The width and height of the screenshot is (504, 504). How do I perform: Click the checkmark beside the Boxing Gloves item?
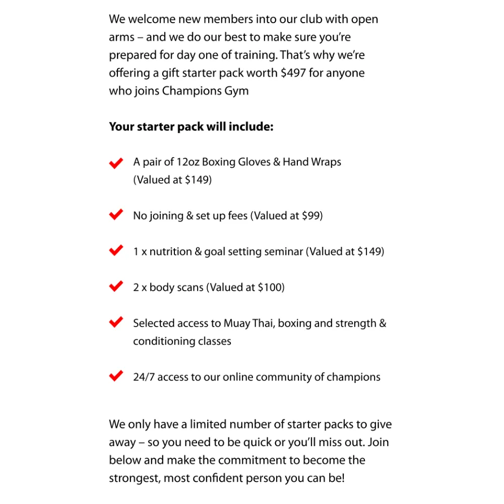tap(116, 163)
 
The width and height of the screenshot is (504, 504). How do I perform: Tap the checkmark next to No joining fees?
tap(116, 215)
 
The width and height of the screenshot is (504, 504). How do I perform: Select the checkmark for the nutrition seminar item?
tap(116, 250)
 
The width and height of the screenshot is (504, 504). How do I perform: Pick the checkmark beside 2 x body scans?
tap(116, 286)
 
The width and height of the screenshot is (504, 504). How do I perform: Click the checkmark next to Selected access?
tap(116, 322)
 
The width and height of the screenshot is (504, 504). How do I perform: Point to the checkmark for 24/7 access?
tap(116, 376)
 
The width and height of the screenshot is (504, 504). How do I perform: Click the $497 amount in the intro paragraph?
tap(293, 73)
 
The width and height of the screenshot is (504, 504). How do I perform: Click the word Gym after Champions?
tap(236, 92)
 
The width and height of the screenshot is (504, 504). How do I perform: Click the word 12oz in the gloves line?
tap(187, 162)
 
